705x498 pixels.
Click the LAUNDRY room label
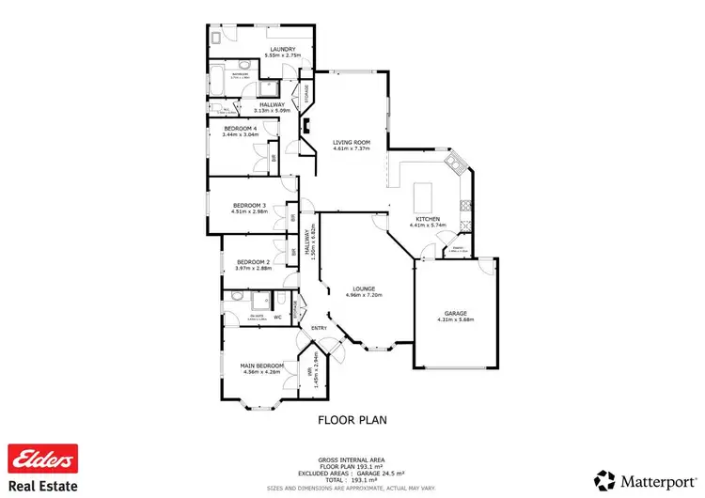(x=283, y=49)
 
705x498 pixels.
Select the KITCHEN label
(x=428, y=219)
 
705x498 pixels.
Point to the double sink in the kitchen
(x=453, y=165)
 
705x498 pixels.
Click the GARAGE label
(x=455, y=313)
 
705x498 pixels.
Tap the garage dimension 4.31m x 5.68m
(x=455, y=320)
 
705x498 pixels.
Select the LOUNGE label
(x=365, y=288)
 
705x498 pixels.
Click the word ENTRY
(x=321, y=328)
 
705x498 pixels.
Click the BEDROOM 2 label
(x=253, y=262)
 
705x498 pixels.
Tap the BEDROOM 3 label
(x=250, y=205)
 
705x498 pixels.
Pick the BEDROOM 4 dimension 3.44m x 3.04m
(x=241, y=134)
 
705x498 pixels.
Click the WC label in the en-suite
(x=278, y=317)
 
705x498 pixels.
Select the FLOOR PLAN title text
(x=352, y=420)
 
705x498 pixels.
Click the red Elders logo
(x=42, y=459)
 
